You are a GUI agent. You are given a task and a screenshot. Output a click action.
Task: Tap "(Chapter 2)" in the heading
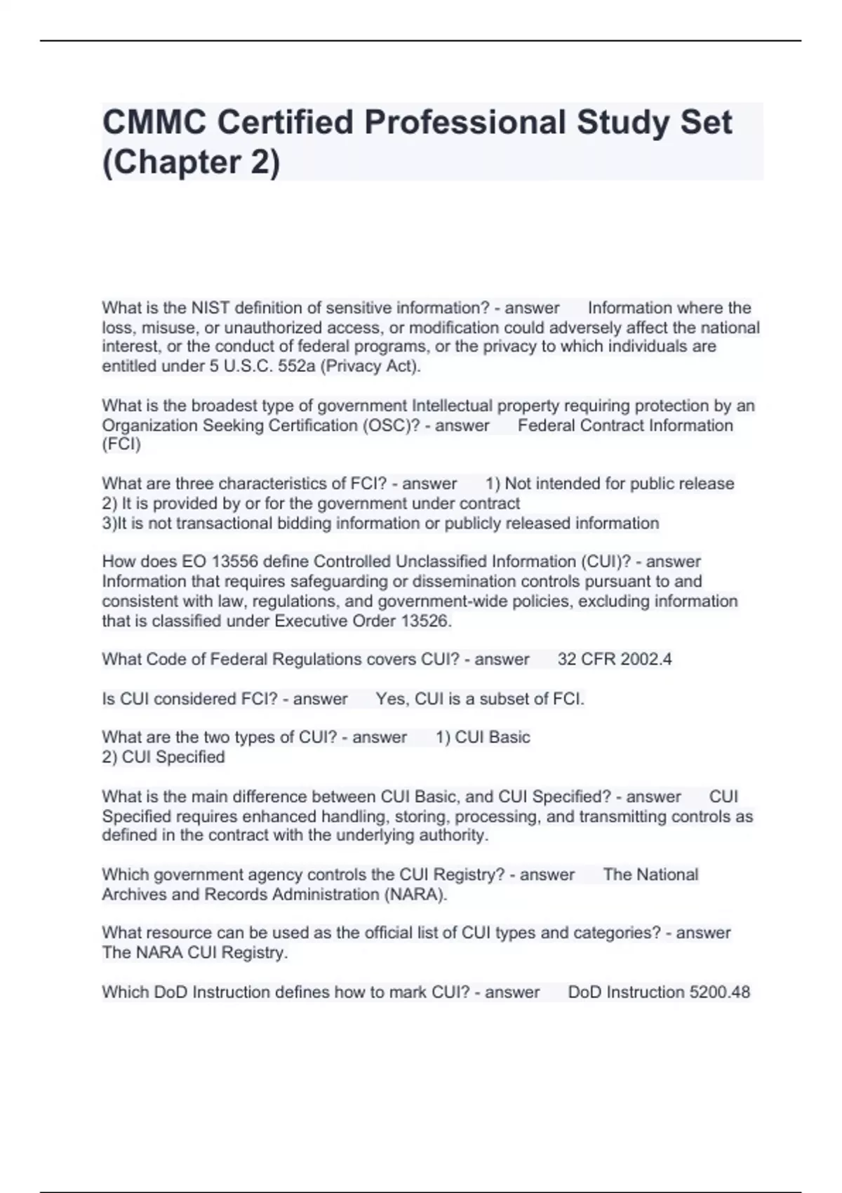[x=191, y=162]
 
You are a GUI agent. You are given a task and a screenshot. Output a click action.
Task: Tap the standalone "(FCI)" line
[x=121, y=444]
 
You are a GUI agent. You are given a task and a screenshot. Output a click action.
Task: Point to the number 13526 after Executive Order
[x=426, y=621]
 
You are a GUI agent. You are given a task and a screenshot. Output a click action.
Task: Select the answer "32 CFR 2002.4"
[x=614, y=660]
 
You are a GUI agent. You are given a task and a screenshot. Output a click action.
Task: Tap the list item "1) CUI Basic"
[x=483, y=738]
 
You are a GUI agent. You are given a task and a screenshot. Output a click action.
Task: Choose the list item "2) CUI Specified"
[x=163, y=757]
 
